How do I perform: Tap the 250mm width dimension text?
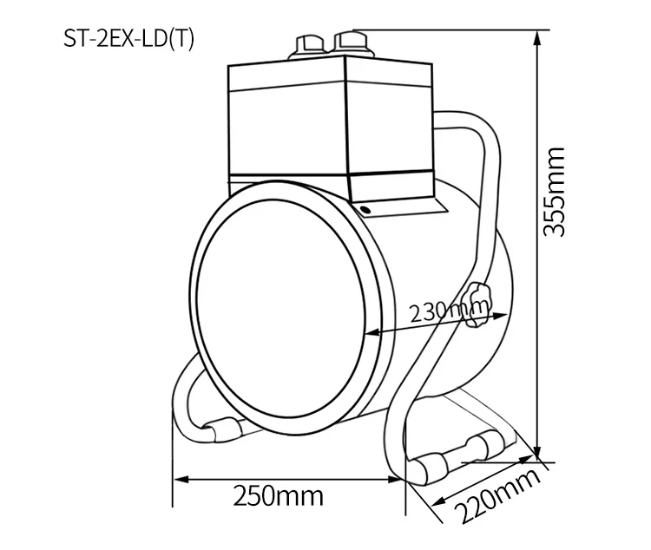click(x=278, y=496)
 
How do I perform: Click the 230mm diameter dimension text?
click(x=446, y=309)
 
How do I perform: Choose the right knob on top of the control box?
click(x=352, y=41)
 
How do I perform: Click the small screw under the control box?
click(x=365, y=209)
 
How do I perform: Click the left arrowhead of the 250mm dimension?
click(x=180, y=477)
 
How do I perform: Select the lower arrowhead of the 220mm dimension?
click(x=439, y=501)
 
